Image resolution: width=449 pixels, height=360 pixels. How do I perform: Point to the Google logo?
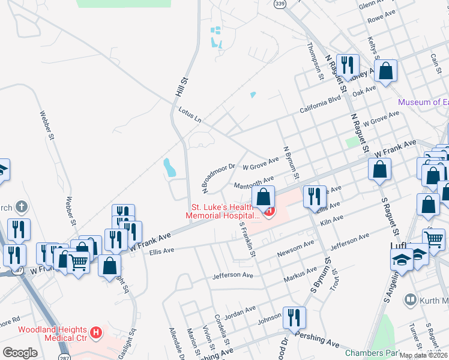20,352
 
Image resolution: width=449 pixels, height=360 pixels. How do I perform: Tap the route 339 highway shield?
279,4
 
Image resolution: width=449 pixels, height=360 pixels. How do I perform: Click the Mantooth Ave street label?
253,182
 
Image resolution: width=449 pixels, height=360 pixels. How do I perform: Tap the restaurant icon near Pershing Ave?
294,317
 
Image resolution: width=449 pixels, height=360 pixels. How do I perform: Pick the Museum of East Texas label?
423,102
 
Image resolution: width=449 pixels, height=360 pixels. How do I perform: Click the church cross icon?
22,208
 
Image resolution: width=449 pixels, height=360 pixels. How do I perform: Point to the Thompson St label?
315,60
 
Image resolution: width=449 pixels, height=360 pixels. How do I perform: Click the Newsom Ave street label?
295,248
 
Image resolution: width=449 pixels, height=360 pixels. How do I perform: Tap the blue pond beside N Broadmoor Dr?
170,167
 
